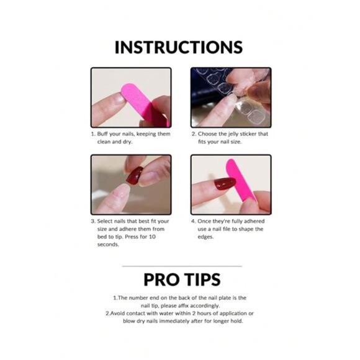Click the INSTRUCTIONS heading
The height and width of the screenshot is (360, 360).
(x=179, y=48)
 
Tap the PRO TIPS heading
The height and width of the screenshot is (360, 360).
(x=179, y=279)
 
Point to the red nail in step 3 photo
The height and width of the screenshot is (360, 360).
(x=134, y=176)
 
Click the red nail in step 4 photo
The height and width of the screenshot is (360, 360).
(x=222, y=183)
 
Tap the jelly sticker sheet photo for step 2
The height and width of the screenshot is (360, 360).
(x=230, y=97)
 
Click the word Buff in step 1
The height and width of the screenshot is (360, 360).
(x=104, y=134)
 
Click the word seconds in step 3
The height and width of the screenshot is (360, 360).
(x=109, y=245)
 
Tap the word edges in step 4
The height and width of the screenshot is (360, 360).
(x=207, y=236)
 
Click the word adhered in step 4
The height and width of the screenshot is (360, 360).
(x=251, y=221)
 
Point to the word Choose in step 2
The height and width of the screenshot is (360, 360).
(x=209, y=134)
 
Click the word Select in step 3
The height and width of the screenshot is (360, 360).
(x=106, y=221)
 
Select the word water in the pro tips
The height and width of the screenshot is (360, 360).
(x=166, y=313)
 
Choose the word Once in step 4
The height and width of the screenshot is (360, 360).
(x=205, y=221)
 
